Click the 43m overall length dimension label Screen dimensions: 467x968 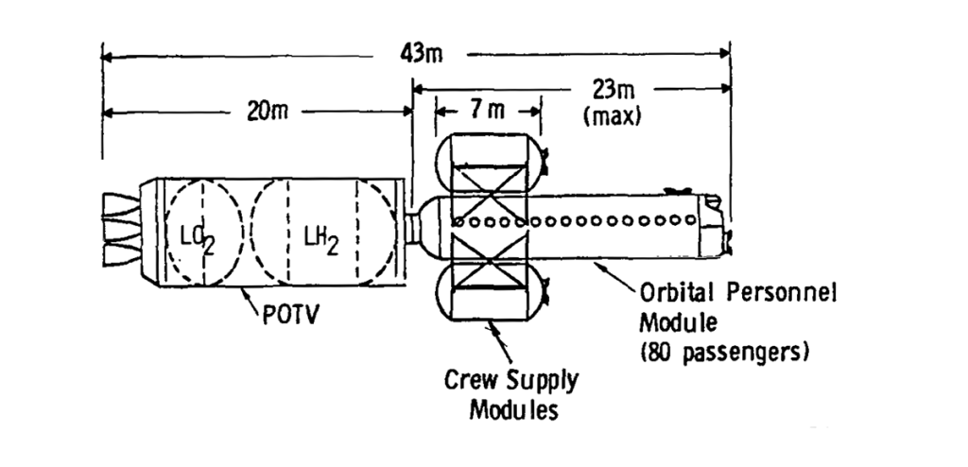click(422, 55)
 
